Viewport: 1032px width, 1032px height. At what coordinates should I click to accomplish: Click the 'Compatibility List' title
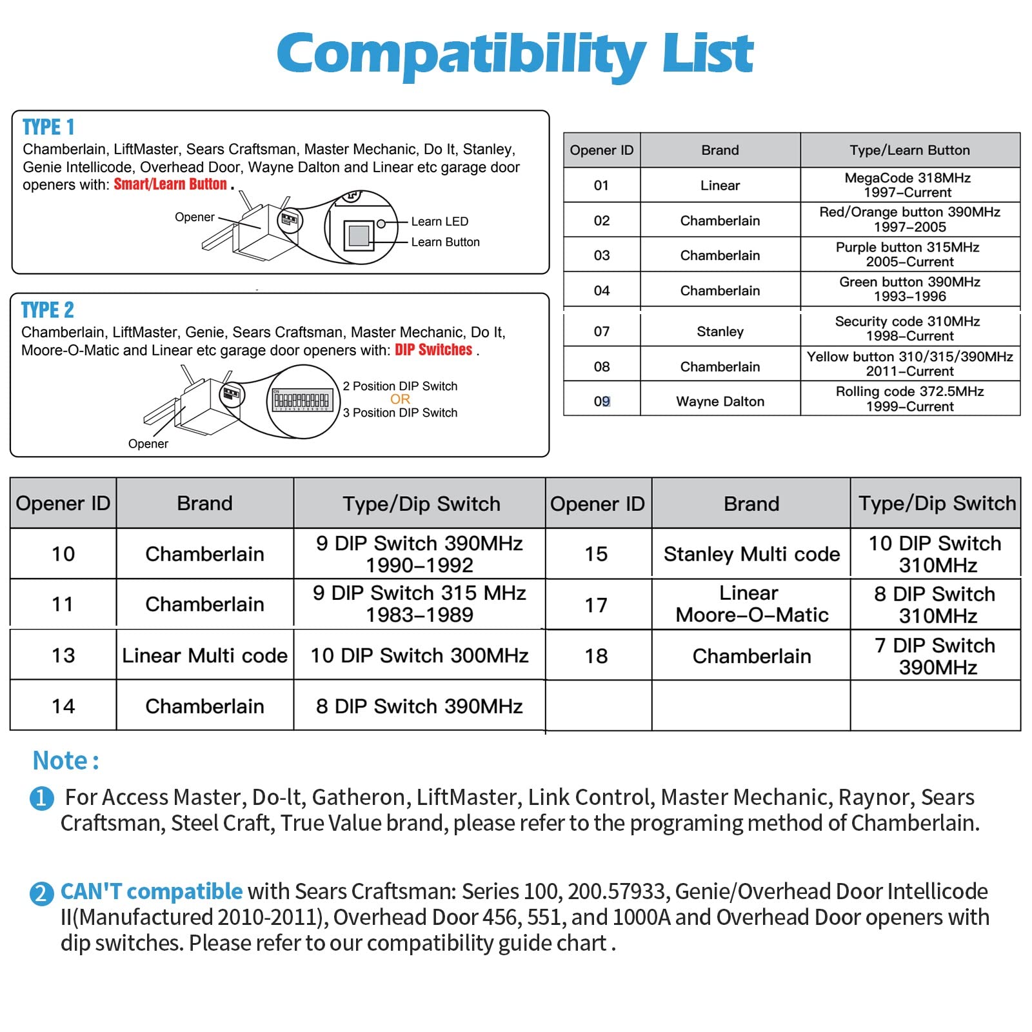515,54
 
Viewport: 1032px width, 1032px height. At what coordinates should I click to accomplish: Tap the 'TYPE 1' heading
48,127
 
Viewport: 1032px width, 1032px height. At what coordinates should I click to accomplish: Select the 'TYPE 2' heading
48,310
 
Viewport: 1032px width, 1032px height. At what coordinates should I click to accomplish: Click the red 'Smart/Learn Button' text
170,184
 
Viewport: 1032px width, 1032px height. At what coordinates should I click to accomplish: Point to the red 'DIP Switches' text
433,350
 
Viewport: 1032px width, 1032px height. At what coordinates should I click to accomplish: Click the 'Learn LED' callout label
439,221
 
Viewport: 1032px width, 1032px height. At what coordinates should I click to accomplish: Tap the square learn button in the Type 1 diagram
359,235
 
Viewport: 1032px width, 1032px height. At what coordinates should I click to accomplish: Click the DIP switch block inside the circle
302,400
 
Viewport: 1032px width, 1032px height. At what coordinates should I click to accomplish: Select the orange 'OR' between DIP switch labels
400,399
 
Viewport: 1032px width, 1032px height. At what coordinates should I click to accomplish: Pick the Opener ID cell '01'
601,186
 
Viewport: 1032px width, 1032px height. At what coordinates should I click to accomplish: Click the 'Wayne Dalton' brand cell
720,401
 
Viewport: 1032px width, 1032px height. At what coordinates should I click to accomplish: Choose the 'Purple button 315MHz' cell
909,255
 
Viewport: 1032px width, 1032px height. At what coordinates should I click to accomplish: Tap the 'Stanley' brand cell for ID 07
720,332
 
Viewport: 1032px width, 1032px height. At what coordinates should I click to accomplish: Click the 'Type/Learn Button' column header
909,150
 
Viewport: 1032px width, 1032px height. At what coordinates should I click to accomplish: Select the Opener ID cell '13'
63,655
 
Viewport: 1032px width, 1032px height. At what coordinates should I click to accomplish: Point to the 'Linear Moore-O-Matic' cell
751,604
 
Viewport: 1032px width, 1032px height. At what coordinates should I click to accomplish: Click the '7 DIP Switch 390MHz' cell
937,656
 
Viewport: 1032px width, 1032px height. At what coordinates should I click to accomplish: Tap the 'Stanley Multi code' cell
751,554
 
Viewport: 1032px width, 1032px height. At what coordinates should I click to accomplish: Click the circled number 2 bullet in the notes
41,893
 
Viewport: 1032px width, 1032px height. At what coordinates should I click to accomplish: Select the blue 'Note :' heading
66,761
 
